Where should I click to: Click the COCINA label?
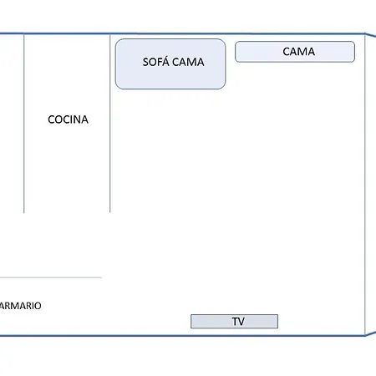point(68,119)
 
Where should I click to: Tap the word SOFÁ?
point(156,61)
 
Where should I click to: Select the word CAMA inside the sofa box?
point(188,62)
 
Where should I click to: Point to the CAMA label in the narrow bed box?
point(299,52)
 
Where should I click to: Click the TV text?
point(238,322)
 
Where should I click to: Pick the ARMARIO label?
point(21,306)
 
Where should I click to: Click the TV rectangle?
point(234,322)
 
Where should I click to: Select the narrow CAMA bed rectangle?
point(295,52)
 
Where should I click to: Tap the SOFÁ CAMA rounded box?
point(170,64)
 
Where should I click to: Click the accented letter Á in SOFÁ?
point(165,61)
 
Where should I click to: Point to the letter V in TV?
point(241,322)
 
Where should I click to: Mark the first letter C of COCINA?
point(52,119)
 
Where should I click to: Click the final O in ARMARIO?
point(38,306)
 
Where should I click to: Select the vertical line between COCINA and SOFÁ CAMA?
point(110,124)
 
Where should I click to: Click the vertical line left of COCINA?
point(24,124)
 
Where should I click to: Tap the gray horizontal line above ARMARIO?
point(51,277)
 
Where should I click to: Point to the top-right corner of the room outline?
point(365,34)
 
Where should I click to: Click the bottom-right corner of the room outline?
point(365,336)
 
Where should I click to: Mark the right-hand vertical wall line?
point(365,185)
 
